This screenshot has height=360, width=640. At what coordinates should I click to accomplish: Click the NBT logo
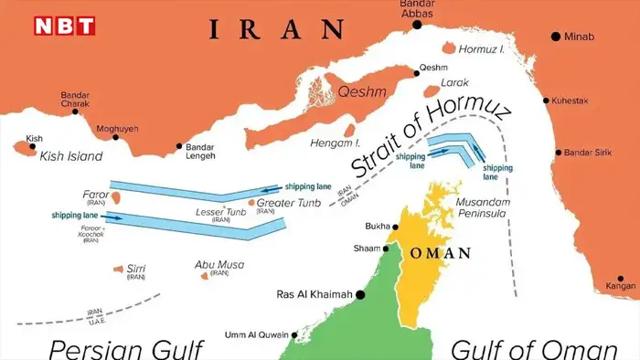pos(64,26)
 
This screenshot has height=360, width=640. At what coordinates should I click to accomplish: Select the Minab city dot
pos(555,37)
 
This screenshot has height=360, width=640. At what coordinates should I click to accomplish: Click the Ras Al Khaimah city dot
pos(361,294)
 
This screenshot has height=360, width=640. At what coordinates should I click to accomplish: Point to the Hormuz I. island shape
pos(449,48)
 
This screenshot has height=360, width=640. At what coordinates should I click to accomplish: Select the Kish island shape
pos(20,146)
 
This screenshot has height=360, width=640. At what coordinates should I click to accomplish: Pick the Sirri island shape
pos(116,269)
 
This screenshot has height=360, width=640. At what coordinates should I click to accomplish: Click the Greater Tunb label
pos(288,202)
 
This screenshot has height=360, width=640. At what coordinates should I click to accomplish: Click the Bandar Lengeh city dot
pos(178,146)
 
